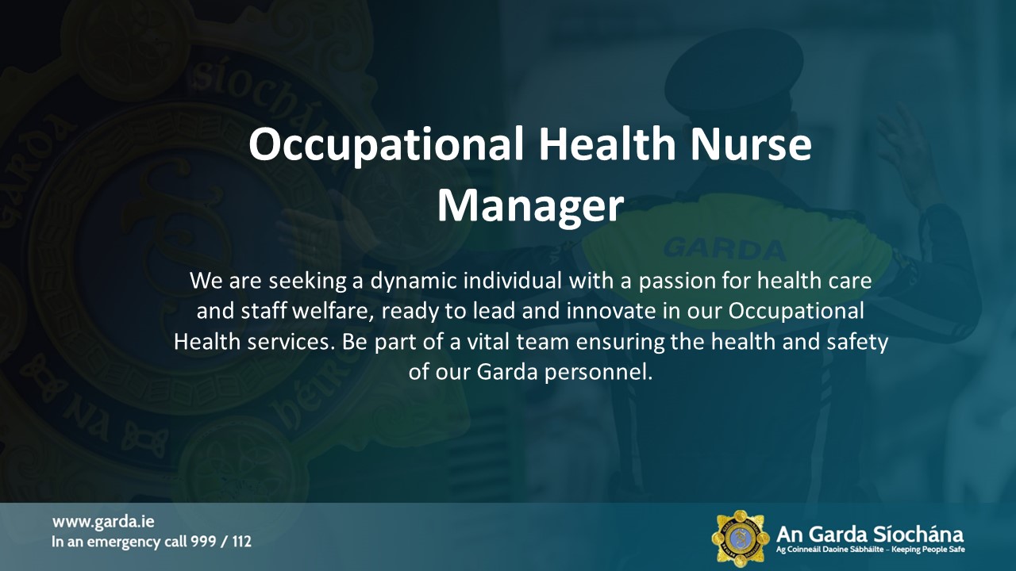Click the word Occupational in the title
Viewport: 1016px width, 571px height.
click(386, 145)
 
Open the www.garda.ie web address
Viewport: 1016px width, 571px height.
click(103, 522)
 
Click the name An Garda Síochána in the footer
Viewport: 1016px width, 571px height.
click(869, 534)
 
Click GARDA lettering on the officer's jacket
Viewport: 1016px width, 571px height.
click(724, 248)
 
